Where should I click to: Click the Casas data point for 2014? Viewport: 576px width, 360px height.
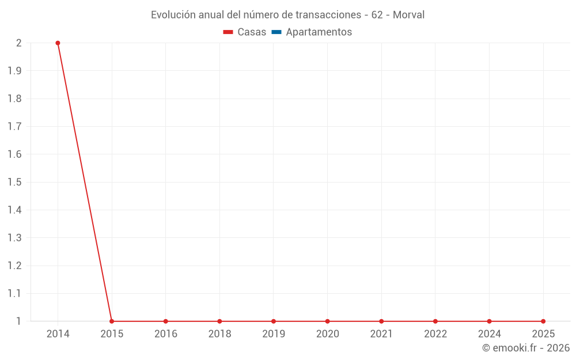pos(58,43)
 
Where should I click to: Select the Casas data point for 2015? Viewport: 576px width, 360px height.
pos(112,321)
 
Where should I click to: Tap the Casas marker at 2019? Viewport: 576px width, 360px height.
pos(274,321)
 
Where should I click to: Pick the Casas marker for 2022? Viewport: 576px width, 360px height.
pos(435,321)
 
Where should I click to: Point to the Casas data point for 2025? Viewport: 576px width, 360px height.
pos(543,321)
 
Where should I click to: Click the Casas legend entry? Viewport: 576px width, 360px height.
pos(252,32)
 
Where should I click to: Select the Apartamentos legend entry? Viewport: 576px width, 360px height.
pos(319,32)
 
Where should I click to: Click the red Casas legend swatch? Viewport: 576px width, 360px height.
pos(228,32)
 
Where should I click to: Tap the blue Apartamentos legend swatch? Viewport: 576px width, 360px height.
pos(276,32)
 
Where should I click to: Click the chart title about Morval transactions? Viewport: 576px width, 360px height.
pos(287,15)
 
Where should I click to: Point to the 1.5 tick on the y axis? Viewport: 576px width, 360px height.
pos(15,182)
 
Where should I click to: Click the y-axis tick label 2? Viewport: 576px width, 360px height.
pos(19,43)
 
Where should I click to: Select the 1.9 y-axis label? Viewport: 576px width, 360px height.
pos(15,71)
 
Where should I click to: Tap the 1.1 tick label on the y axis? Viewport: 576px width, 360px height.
pos(15,293)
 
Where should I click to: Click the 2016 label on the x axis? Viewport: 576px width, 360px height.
pos(166,334)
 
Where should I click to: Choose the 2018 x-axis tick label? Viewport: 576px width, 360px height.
pos(219,334)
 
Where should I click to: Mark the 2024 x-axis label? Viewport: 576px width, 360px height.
pos(489,334)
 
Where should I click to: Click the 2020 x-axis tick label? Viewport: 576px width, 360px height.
pos(327,334)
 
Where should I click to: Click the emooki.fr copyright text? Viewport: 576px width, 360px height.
pos(526,348)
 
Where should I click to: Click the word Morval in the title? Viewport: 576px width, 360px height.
pos(408,15)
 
